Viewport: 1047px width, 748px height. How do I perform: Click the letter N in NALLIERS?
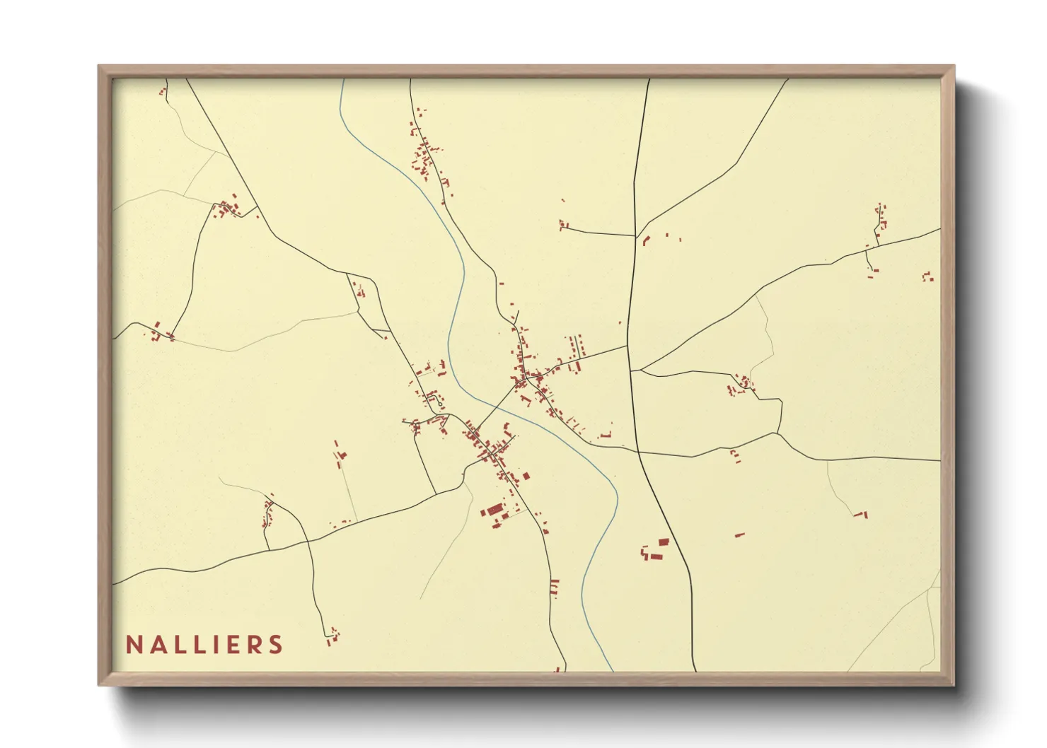click(x=134, y=645)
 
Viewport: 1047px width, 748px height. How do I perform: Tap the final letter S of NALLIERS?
click(x=276, y=645)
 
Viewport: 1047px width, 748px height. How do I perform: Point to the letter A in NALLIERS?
click(x=158, y=645)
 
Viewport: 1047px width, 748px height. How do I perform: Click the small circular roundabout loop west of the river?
click(x=440, y=404)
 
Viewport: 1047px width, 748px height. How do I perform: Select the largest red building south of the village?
click(x=492, y=510)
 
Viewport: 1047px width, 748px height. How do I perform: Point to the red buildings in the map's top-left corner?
click(x=163, y=90)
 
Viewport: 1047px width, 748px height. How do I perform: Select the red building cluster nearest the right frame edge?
click(x=928, y=276)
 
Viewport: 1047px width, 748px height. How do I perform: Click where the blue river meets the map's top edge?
click(x=341, y=80)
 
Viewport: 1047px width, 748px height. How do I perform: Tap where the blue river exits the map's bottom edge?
click(x=611, y=670)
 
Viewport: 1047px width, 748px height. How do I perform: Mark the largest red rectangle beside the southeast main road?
click(x=664, y=542)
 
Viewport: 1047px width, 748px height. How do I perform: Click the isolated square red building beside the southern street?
click(x=526, y=477)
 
